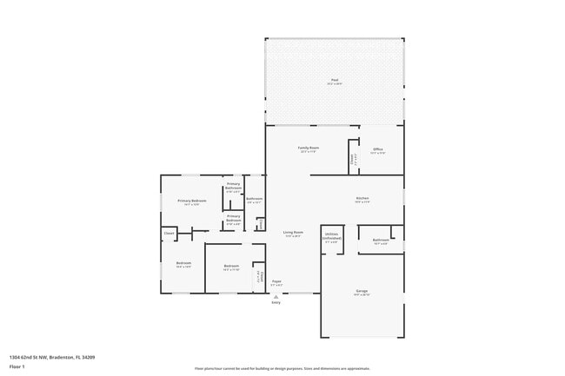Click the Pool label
click(335, 81)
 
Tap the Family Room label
click(309, 149)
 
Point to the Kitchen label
click(362, 200)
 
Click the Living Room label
click(293, 234)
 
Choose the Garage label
click(362, 292)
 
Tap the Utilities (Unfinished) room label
click(331, 236)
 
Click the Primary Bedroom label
click(191, 202)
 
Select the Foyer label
click(276, 282)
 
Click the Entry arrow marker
click(276, 295)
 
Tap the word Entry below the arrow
click(276, 302)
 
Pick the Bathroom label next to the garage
click(381, 241)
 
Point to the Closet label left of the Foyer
click(258, 277)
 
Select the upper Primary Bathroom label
click(234, 187)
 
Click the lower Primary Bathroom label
click(234, 219)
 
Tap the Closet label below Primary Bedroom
click(169, 233)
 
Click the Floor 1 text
click(17, 366)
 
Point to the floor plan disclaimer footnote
click(282, 368)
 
